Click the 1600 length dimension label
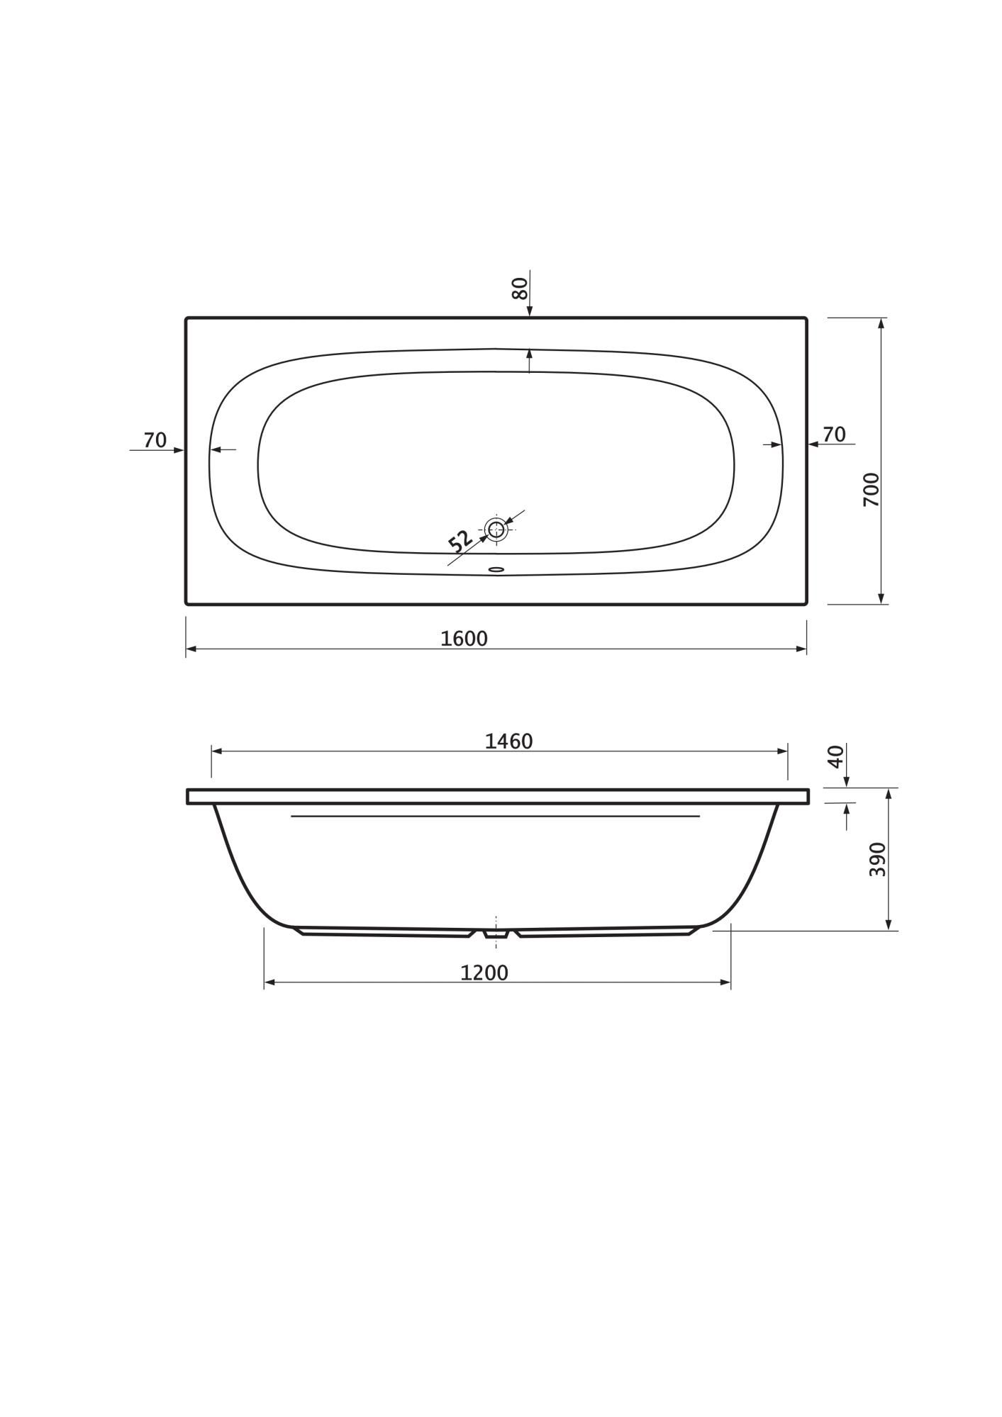[x=464, y=639]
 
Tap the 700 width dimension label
[x=871, y=489]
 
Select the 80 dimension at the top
[x=520, y=288]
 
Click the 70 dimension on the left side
[x=155, y=440]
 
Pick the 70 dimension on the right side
[x=834, y=435]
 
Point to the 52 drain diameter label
[x=460, y=541]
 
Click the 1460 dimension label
[x=508, y=741]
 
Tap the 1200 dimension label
[x=484, y=973]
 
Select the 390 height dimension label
[x=877, y=859]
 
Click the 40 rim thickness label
[x=835, y=756]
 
